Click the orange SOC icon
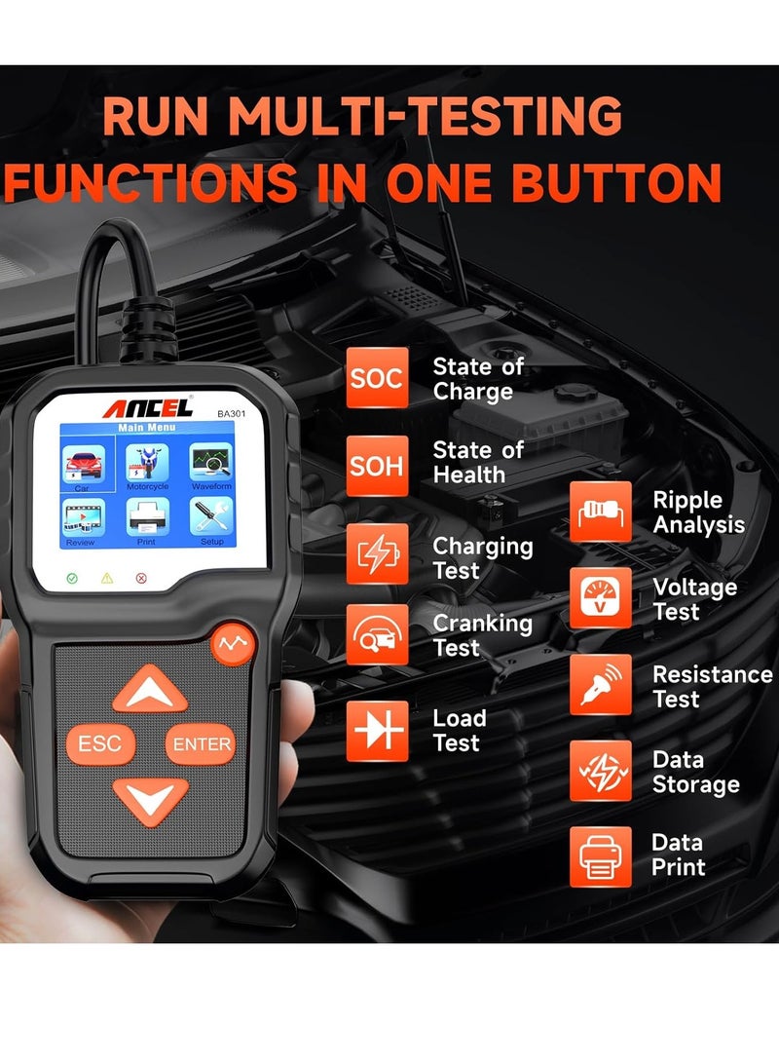[x=377, y=378]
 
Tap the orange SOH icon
[x=377, y=465]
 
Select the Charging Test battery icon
[x=377, y=554]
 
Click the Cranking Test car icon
[x=377, y=634]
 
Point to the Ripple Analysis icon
[x=600, y=513]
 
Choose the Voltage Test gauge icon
[x=600, y=599]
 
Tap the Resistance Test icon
[x=600, y=685]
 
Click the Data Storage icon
[x=600, y=772]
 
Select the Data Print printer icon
[x=600, y=855]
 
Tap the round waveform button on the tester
[x=233, y=643]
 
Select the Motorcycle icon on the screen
[x=147, y=466]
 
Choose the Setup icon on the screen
[x=210, y=519]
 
